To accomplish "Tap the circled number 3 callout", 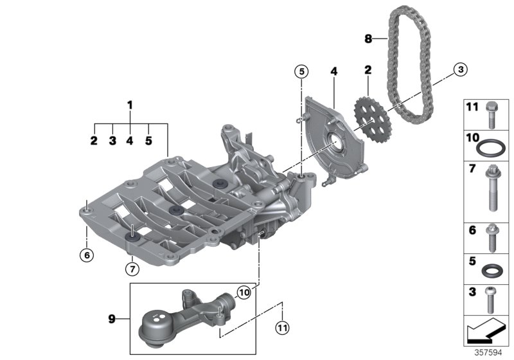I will coord(459,70).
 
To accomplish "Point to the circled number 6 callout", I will coord(87,255).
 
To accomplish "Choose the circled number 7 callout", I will coord(131,267).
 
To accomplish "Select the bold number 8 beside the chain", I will coord(368,39).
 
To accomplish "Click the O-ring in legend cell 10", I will coord(490,148).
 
